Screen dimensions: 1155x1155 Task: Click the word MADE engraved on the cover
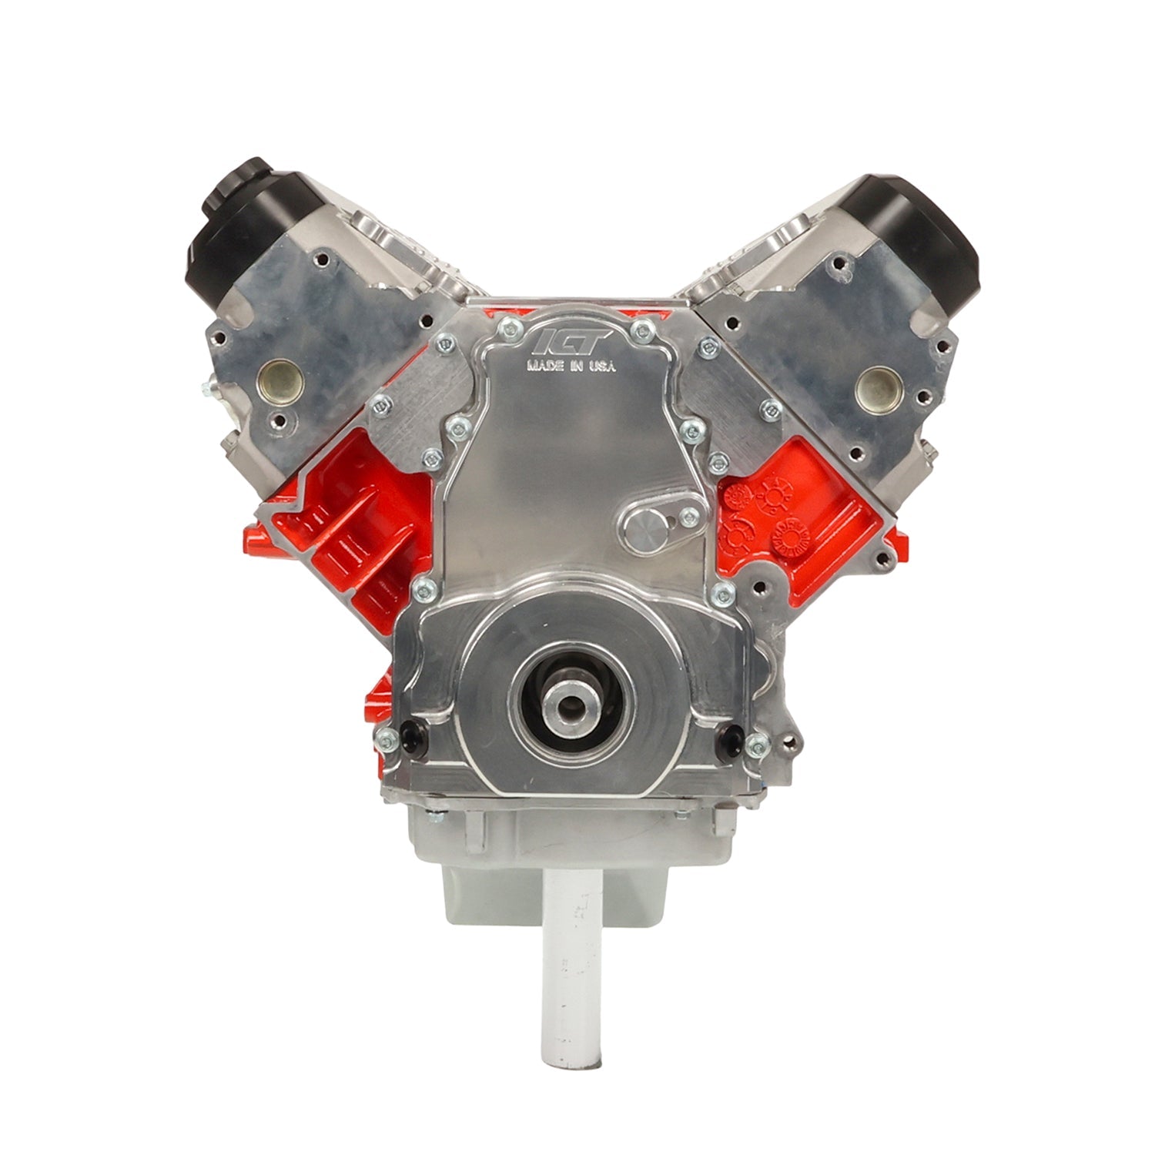[542, 367]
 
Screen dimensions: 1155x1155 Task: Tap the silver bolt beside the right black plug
[758, 743]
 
